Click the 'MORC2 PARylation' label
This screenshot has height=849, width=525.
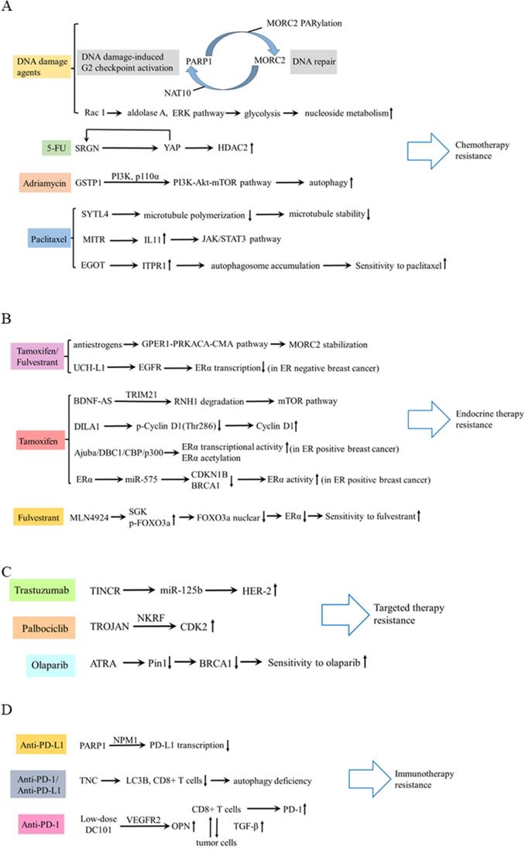[x=304, y=23]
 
